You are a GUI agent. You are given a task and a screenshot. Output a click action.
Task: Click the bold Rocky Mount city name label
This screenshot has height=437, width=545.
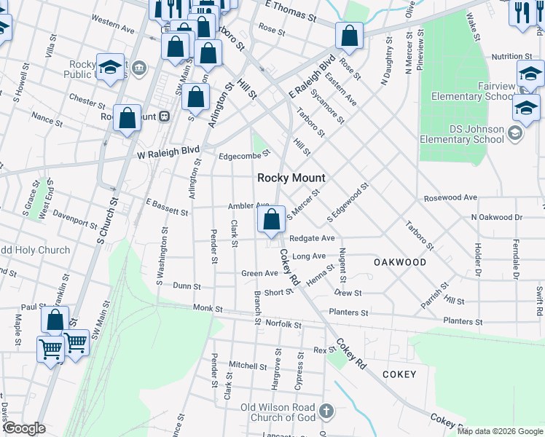(291, 178)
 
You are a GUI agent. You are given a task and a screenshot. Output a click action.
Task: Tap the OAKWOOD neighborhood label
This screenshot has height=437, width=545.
(400, 261)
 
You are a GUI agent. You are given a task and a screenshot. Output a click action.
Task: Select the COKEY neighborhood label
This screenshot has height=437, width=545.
(399, 374)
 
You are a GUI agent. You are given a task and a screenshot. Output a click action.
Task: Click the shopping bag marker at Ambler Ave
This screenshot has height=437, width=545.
(271, 219)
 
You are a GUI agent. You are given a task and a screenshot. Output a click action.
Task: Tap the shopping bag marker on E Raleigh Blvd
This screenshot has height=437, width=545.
(350, 36)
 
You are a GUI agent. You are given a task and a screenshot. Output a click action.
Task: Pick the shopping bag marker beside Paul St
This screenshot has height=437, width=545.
(55, 320)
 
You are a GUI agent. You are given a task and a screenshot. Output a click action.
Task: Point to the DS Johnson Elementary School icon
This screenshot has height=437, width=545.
(515, 132)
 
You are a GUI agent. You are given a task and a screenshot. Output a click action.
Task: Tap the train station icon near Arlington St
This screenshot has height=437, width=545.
(165, 116)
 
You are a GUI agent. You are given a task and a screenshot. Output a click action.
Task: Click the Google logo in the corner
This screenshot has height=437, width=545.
(24, 428)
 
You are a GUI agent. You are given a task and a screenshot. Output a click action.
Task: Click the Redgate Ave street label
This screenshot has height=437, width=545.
(311, 238)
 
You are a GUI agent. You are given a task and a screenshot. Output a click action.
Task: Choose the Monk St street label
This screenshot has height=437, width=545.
(208, 309)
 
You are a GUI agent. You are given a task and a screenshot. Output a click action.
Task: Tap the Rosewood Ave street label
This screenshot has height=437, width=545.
(450, 197)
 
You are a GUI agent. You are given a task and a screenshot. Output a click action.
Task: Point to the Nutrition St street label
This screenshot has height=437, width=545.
(511, 56)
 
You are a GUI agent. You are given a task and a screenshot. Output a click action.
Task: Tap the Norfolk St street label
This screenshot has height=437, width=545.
(283, 323)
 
